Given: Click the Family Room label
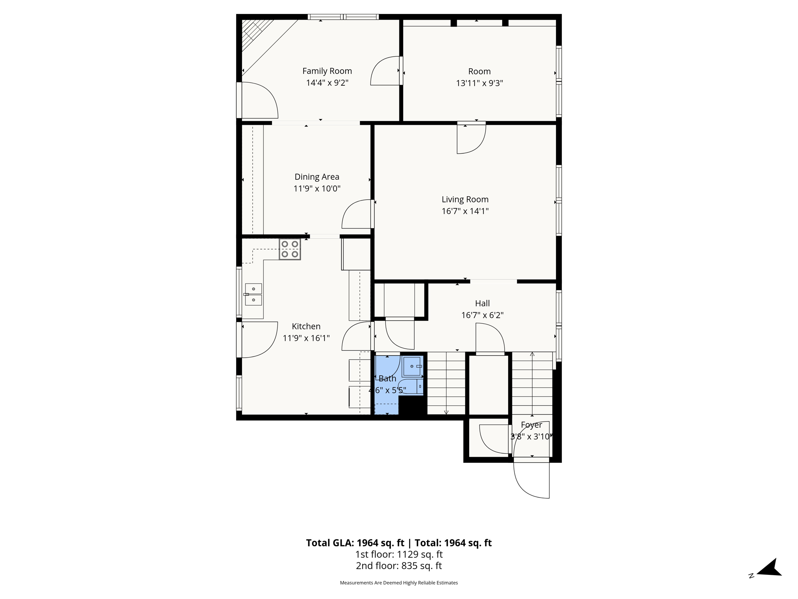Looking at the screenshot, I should [x=327, y=71].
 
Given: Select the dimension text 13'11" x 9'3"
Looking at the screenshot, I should [x=479, y=83].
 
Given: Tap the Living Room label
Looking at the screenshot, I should [x=465, y=199].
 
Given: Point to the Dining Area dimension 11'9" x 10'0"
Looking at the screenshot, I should [x=317, y=189].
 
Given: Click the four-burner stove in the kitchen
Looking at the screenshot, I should [x=290, y=249].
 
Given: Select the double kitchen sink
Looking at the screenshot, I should [x=253, y=294].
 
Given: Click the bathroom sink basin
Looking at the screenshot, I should [x=412, y=366].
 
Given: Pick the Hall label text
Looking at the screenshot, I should [x=482, y=303].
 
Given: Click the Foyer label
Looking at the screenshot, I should [x=531, y=425].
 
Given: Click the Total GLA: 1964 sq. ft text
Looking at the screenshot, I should [x=355, y=543].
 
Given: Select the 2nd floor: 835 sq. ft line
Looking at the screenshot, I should [x=399, y=566].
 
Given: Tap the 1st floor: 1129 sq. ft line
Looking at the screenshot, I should [x=399, y=555].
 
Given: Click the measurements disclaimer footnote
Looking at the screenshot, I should [x=399, y=583].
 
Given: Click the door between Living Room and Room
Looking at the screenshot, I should [x=471, y=138].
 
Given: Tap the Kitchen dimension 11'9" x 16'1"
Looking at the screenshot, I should [x=306, y=338].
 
